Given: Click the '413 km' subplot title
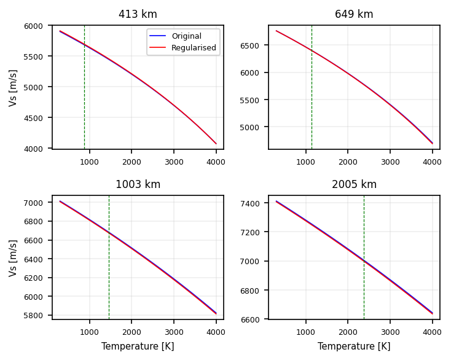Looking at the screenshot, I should point(138,14).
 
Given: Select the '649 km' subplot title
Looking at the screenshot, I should point(354,14).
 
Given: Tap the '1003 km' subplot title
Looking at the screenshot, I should point(138,184).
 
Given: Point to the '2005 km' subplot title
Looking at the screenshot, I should point(354,184).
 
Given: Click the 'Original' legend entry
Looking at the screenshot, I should point(187,36).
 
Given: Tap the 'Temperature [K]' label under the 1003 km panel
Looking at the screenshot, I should point(138,346).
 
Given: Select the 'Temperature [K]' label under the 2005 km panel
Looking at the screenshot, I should point(354,346).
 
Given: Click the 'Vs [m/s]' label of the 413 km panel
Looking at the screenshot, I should point(13,87).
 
